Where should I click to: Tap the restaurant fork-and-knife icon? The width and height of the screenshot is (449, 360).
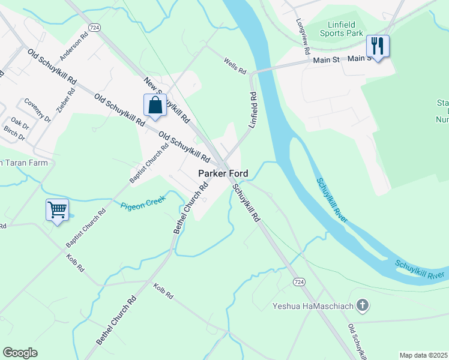378,46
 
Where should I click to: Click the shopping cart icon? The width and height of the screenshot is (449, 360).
57,211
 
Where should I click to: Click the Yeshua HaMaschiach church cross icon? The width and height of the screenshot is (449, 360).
361,306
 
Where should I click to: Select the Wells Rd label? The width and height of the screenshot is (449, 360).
235,66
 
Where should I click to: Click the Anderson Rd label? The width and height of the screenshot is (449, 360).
70,51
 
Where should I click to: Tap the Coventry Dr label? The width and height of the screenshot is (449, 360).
38,110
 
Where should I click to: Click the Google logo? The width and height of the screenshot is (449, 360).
20,353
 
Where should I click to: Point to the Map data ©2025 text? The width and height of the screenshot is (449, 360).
423,355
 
